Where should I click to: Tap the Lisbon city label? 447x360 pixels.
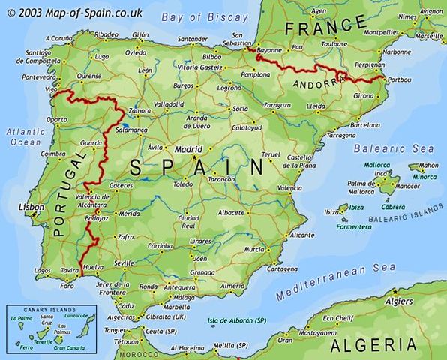pos(32,207)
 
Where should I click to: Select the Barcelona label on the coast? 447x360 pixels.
pos(365,126)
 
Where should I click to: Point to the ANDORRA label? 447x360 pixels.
pos(317,84)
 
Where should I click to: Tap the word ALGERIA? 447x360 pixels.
pos(373,344)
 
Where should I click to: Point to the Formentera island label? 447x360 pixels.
pos(353,226)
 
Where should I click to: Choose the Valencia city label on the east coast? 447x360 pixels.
pos(289,188)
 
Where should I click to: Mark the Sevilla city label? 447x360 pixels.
pos(124,262)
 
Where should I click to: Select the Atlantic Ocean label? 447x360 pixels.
pos(26,136)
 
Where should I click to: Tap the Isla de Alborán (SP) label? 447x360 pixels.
pos(237,320)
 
